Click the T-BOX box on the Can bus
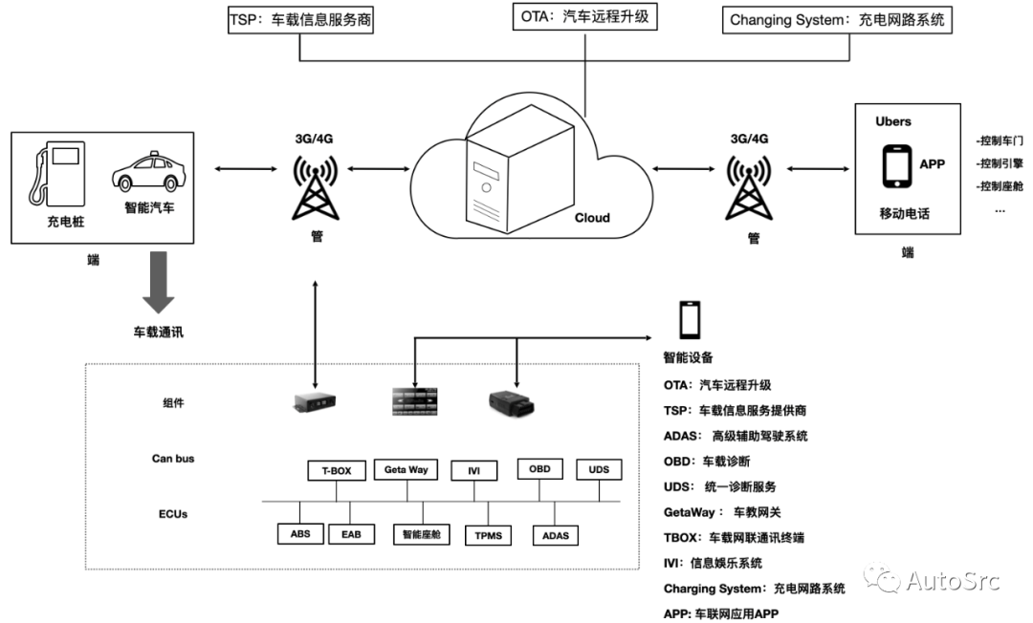pyautogui.click(x=337, y=470)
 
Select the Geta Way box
pyautogui.click(x=406, y=469)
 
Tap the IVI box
pyautogui.click(x=473, y=470)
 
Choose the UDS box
pyautogui.click(x=600, y=470)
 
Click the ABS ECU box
pyautogui.click(x=300, y=534)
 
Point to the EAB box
pyautogui.click(x=351, y=534)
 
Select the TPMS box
pyautogui.click(x=488, y=534)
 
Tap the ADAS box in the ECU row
pyautogui.click(x=556, y=535)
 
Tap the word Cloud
pyautogui.click(x=592, y=218)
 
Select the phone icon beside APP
pyautogui.click(x=895, y=165)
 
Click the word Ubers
pyautogui.click(x=893, y=121)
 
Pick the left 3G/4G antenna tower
pyautogui.click(x=314, y=188)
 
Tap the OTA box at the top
pyautogui.click(x=584, y=16)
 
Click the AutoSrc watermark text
pyautogui.click(x=953, y=579)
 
